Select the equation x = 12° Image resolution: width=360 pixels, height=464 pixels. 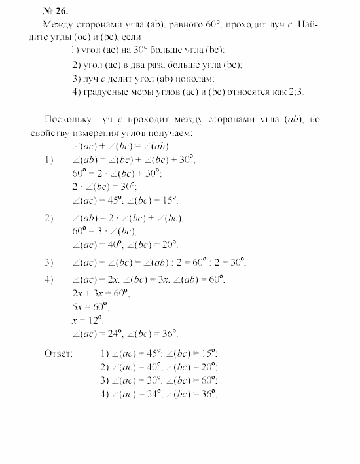(x=88, y=321)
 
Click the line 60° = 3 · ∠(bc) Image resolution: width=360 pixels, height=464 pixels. (x=104, y=231)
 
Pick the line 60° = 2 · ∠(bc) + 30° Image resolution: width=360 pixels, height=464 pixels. (x=117, y=173)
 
